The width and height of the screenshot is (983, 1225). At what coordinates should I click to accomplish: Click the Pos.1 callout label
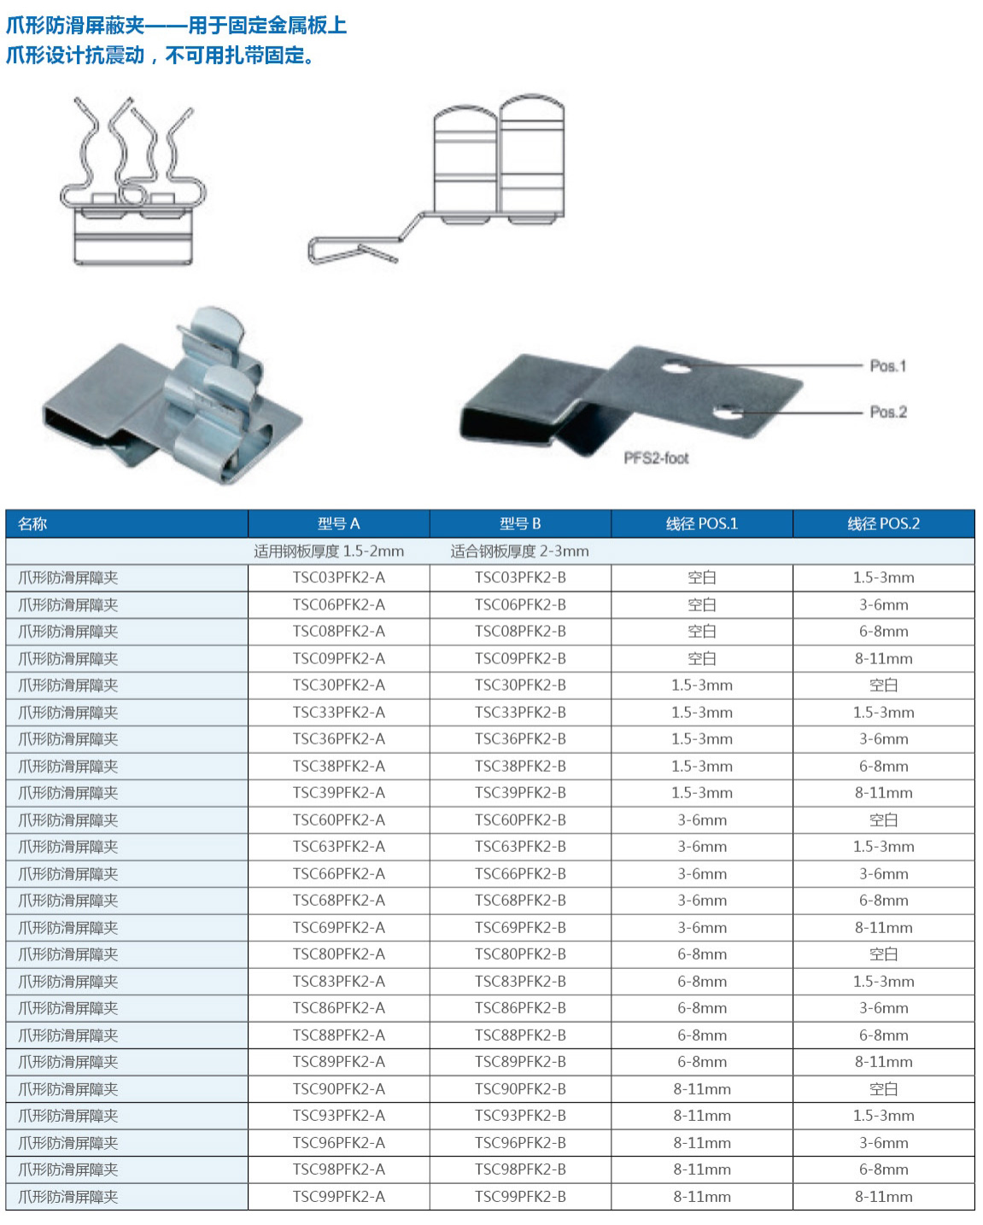pos(887,365)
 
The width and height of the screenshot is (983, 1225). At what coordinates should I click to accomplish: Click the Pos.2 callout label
pos(888,411)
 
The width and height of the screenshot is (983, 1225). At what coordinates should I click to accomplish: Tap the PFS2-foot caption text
pos(656,458)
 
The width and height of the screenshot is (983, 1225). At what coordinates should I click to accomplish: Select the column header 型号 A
pos(338,523)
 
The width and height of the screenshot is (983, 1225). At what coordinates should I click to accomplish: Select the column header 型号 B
pos(520,523)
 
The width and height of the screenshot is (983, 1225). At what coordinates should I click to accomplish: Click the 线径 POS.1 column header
pos(701,523)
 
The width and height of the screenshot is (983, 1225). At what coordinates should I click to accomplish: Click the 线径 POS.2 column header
pos(883,523)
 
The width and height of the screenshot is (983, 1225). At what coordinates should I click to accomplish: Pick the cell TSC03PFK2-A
pos(338,577)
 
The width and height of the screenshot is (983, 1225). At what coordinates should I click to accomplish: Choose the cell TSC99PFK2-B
pos(520,1196)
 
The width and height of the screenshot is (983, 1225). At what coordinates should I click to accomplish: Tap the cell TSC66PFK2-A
pos(338,873)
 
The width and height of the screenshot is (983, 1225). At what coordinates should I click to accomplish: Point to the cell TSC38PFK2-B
pos(520,766)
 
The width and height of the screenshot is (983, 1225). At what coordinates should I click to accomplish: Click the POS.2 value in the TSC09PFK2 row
pos(883,658)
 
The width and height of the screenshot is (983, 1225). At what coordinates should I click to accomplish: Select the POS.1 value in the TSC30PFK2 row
pos(701,685)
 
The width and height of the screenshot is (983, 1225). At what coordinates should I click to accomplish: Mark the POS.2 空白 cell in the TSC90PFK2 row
pos(883,1088)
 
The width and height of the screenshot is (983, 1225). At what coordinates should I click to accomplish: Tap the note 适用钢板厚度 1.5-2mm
pos(329,551)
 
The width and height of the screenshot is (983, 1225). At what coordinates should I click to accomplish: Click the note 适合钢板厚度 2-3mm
pos(519,551)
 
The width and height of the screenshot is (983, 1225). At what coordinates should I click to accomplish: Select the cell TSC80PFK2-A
pos(338,954)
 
